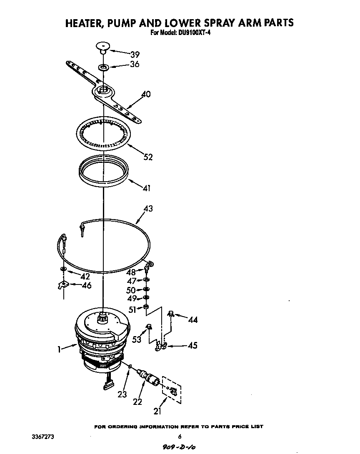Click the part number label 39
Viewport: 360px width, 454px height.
click(x=135, y=55)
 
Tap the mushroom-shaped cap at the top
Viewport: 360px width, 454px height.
click(x=102, y=46)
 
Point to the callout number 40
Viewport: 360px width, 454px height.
click(x=146, y=94)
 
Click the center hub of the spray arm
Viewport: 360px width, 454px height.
click(x=103, y=90)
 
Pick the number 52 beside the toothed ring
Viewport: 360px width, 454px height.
click(x=147, y=157)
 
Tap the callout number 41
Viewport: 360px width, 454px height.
click(x=146, y=188)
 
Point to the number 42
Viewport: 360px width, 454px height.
click(x=85, y=276)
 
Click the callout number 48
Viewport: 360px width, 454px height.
click(x=131, y=272)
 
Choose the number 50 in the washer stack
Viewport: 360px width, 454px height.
click(x=131, y=290)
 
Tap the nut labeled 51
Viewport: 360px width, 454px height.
click(x=146, y=308)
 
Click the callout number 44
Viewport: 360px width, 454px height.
click(x=192, y=320)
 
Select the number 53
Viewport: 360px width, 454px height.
click(x=137, y=339)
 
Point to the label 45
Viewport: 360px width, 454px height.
click(x=192, y=345)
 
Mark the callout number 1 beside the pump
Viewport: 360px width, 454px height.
click(x=60, y=350)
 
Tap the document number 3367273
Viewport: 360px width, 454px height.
click(x=42, y=437)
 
